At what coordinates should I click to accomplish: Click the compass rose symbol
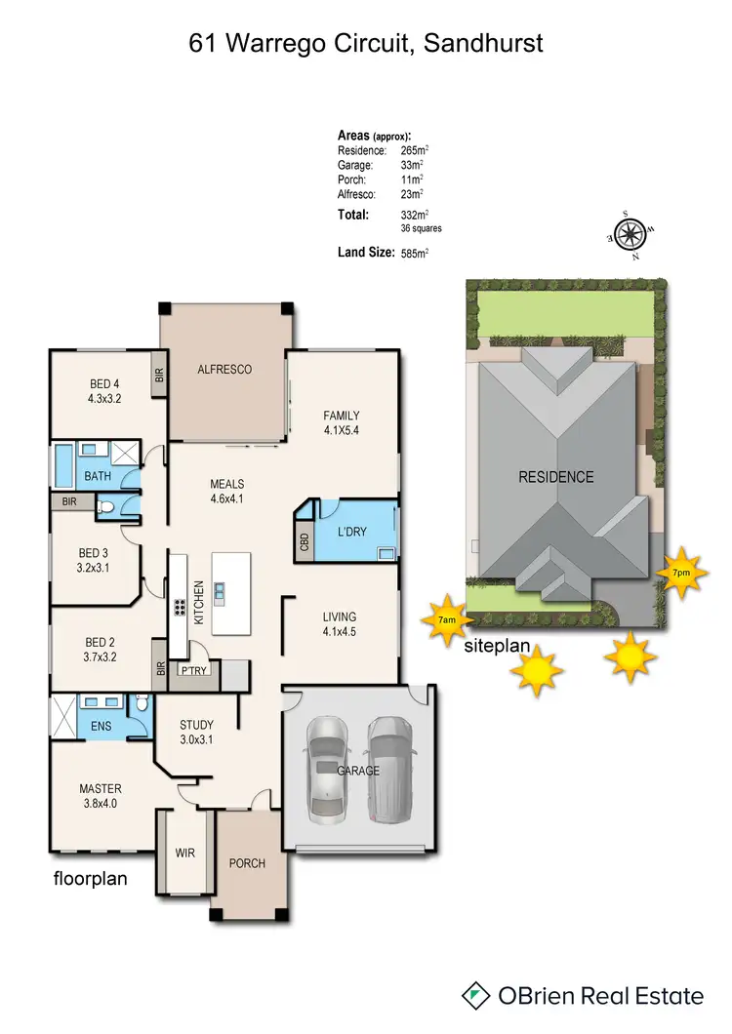630,235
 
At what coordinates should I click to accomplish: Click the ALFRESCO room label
224,370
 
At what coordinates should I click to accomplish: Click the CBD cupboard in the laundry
305,541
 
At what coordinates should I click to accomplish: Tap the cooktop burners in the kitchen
181,607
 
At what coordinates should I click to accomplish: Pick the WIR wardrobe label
184,853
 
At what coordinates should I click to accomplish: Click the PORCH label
247,863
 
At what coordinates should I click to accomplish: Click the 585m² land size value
415,253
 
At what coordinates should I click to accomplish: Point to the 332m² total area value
416,215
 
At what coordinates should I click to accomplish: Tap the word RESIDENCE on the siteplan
555,477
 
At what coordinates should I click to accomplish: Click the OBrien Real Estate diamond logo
476,995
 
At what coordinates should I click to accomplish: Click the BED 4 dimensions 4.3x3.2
104,398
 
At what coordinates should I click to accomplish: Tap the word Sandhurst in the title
484,43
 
